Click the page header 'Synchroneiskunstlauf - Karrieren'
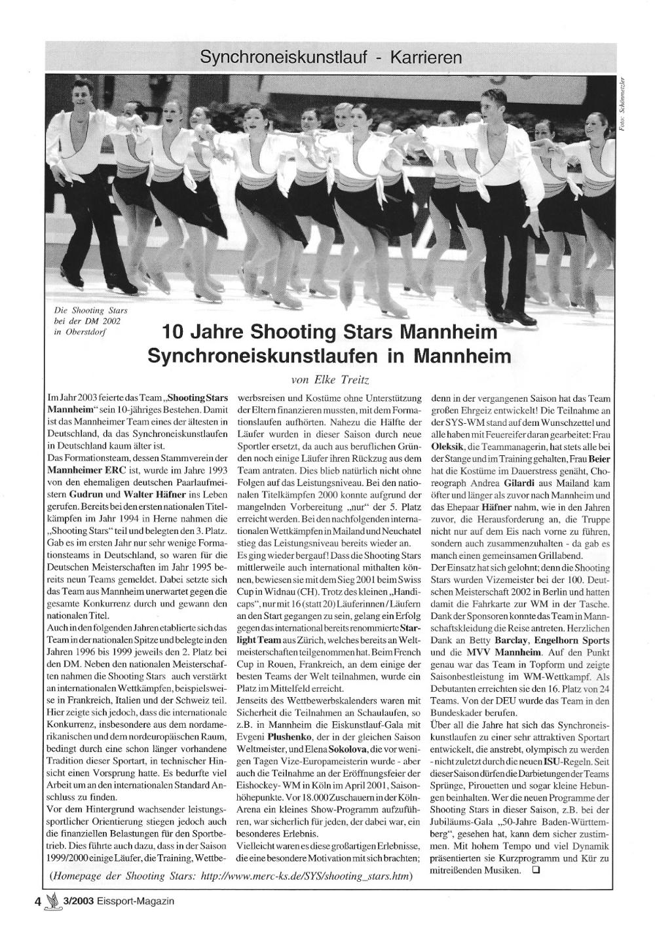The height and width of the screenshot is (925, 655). (x=331, y=58)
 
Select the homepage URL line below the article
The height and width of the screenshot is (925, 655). (x=233, y=877)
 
